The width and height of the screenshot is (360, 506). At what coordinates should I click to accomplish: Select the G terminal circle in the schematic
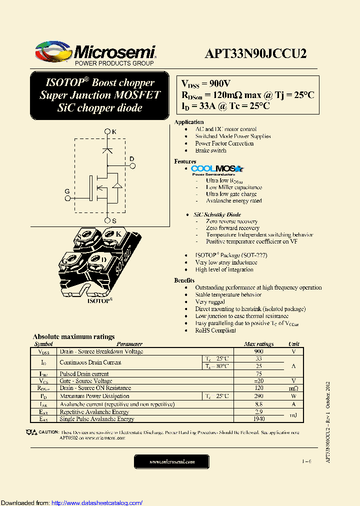[x=68, y=197]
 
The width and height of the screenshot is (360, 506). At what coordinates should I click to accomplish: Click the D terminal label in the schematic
[x=132, y=159]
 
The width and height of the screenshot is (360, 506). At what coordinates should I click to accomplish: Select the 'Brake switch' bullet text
[x=210, y=150]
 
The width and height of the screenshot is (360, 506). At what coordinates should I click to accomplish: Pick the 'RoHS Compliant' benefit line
[x=215, y=330]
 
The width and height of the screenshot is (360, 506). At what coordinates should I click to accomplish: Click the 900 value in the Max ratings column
[x=258, y=351]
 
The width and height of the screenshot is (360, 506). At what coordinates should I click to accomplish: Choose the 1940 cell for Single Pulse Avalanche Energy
[x=258, y=419]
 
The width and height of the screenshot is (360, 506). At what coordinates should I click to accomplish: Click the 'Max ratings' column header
[x=258, y=344]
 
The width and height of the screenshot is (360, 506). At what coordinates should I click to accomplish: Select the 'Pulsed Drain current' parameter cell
[x=84, y=374]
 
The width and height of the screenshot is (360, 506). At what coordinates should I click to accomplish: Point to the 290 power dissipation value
[x=258, y=396]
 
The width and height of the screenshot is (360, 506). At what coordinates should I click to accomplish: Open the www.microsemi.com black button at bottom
[x=172, y=462]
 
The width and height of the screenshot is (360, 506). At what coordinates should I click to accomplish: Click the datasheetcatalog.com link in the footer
[x=97, y=502]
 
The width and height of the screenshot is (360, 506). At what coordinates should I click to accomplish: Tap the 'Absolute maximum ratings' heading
[x=73, y=336]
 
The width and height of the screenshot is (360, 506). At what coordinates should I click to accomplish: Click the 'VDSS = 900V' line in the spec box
[x=205, y=83]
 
